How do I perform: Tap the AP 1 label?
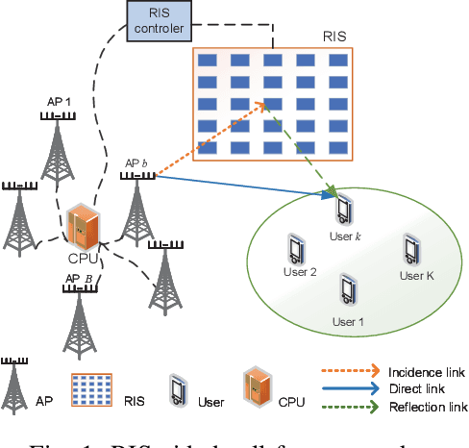coord(60,100)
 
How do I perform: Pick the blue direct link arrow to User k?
coord(240,186)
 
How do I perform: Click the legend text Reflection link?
coord(423,409)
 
